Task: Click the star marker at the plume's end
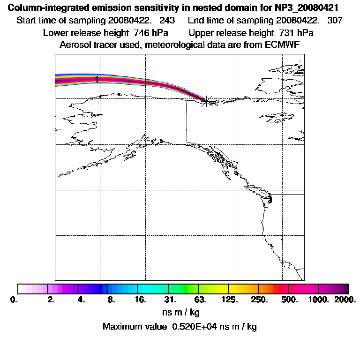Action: tap(206, 101)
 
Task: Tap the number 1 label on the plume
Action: tap(97, 79)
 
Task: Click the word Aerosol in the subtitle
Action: tap(75, 45)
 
